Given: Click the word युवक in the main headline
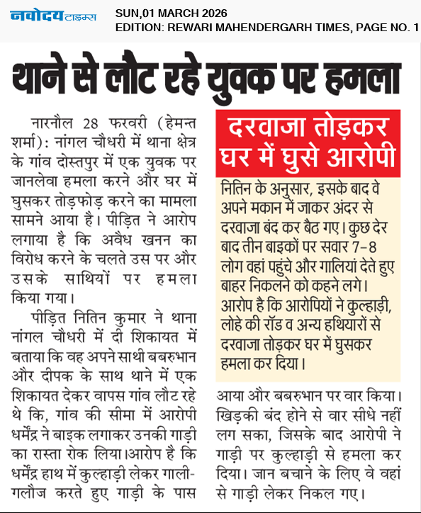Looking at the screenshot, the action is click(251, 75).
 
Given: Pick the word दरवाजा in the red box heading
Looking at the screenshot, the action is click(265, 131).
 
